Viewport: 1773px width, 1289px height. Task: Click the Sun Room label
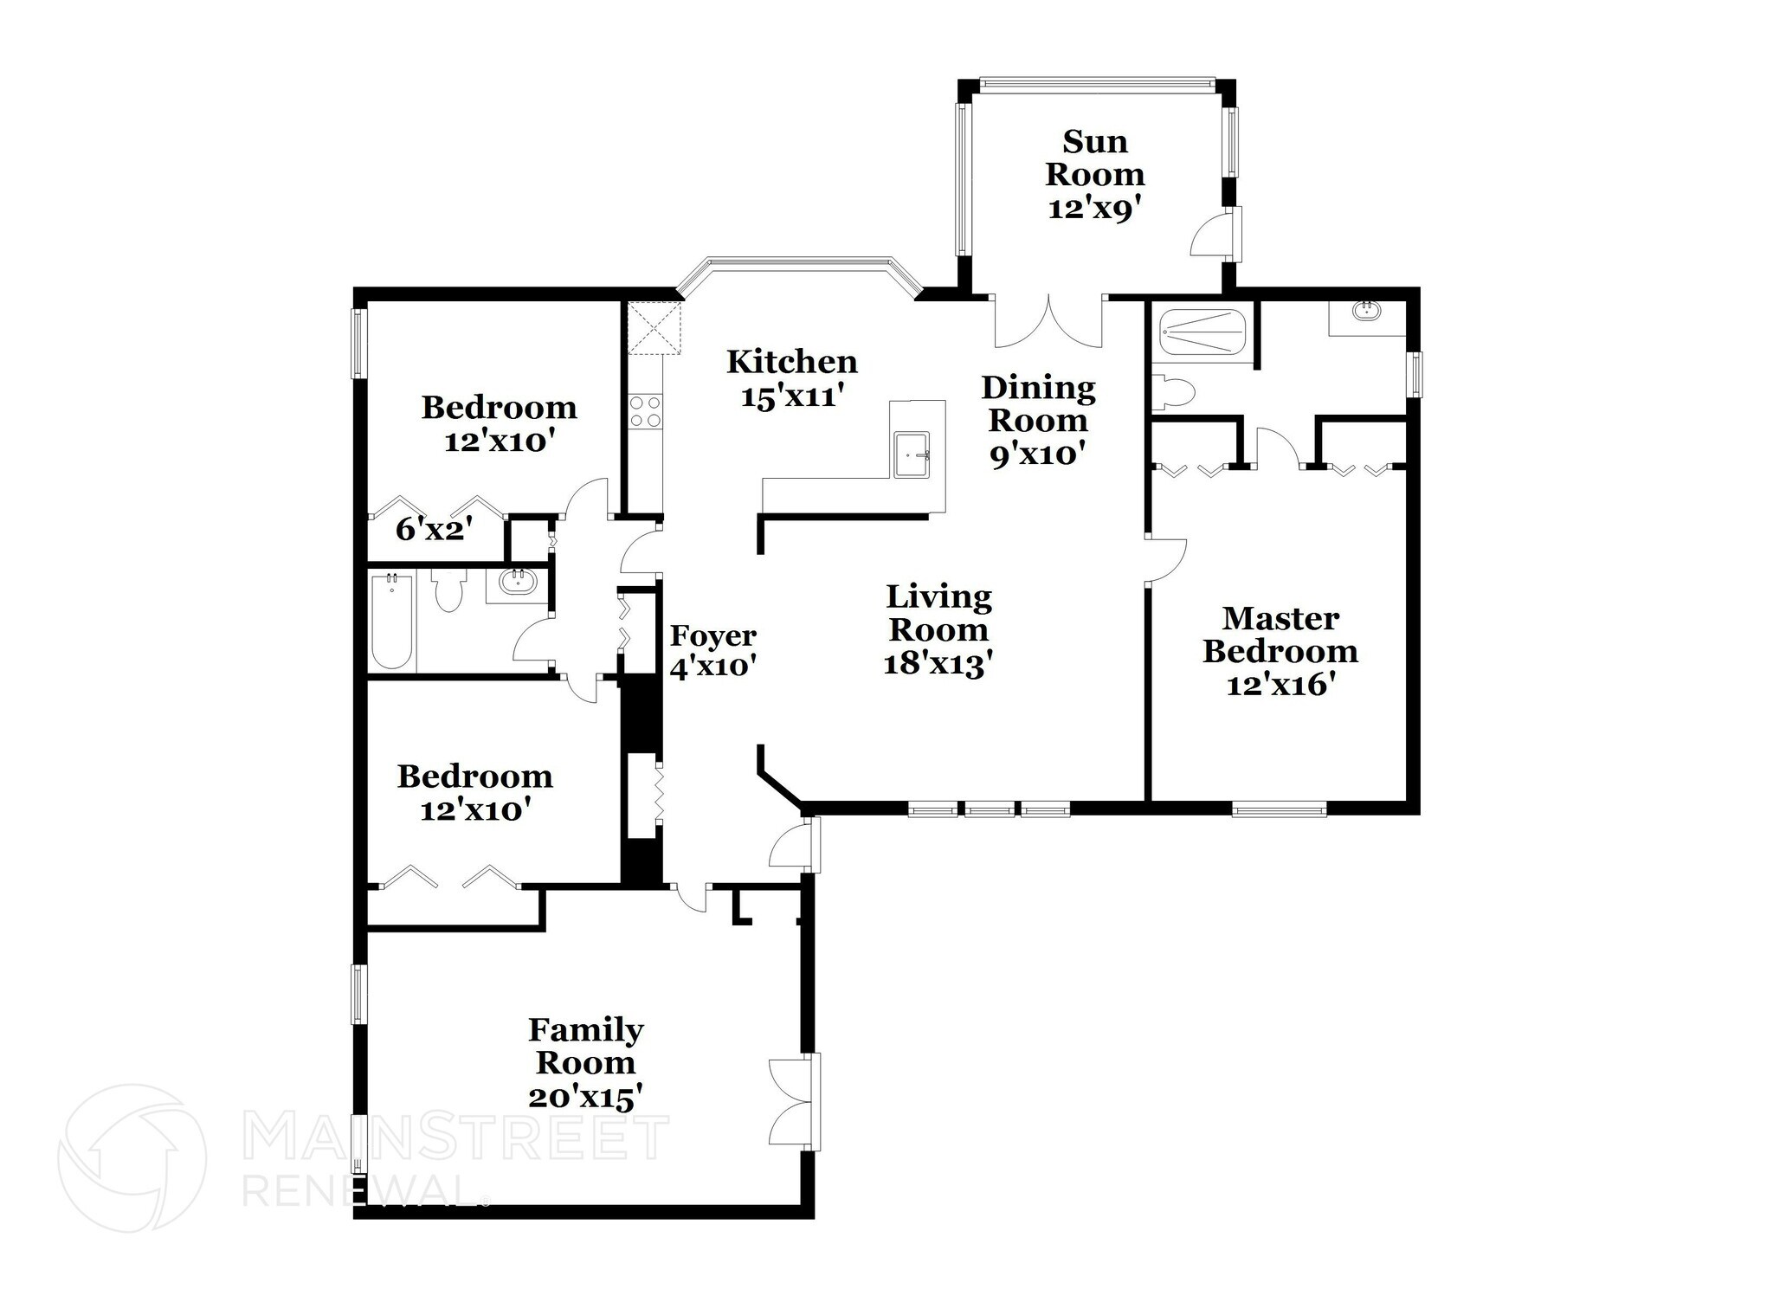pyautogui.click(x=1094, y=158)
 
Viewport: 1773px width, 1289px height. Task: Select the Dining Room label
pyautogui.click(x=1038, y=403)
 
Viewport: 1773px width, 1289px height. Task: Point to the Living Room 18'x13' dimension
pyautogui.click(x=938, y=664)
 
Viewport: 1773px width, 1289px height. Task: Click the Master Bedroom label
pyautogui.click(x=1280, y=635)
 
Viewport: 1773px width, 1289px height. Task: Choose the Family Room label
pyautogui.click(x=586, y=1046)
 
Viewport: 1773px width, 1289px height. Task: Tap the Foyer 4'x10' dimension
pyautogui.click(x=713, y=667)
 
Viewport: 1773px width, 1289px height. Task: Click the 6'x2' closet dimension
pyautogui.click(x=434, y=529)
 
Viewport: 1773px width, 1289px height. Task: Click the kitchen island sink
pyautogui.click(x=912, y=454)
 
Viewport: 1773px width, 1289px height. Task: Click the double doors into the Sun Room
pyautogui.click(x=1048, y=321)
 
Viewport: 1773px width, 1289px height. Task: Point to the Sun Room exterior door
pyautogui.click(x=1215, y=232)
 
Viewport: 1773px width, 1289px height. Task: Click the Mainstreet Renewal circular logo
pyautogui.click(x=132, y=1158)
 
